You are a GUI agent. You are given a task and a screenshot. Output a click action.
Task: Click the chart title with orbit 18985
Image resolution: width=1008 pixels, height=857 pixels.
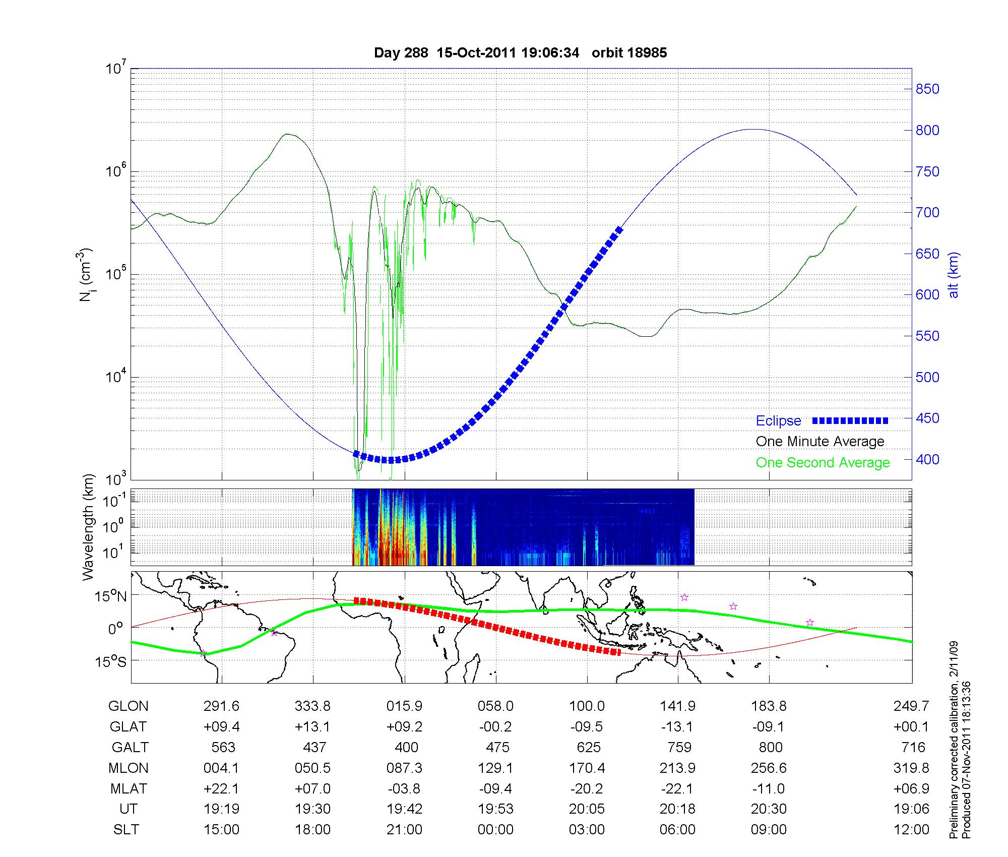coord(520,53)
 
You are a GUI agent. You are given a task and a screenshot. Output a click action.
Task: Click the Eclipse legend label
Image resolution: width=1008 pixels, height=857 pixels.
coord(778,421)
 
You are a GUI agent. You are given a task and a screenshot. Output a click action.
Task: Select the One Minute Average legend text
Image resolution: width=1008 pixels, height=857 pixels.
coord(820,442)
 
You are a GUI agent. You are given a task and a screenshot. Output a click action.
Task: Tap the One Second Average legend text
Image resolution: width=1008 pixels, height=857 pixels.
coord(823,463)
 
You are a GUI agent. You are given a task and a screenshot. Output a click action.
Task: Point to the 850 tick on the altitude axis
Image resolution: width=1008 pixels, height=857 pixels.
coord(927,89)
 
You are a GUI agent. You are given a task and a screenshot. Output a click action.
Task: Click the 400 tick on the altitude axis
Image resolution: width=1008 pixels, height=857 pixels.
coord(927,460)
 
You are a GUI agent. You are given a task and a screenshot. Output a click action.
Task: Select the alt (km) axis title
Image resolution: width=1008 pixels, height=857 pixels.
coord(954,275)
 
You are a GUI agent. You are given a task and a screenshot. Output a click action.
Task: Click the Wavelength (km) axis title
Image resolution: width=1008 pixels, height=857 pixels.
coord(89,527)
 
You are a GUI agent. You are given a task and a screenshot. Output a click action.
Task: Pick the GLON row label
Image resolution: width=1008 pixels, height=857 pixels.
coord(128,706)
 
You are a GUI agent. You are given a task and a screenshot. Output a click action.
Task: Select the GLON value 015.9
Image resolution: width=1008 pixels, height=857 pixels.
coord(404,706)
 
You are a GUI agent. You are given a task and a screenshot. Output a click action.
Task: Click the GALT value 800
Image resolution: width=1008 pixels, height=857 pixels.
coord(770,747)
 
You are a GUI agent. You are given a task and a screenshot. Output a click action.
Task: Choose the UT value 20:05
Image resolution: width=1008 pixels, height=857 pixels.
coord(587,809)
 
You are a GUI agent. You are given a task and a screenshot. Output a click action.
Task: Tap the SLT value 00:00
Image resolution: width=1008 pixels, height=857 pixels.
coord(495,830)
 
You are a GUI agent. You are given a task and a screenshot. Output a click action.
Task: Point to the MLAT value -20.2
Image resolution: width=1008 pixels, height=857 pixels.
coord(587,788)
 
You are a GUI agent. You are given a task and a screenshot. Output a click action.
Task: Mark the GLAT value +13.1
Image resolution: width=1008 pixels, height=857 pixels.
coord(312,727)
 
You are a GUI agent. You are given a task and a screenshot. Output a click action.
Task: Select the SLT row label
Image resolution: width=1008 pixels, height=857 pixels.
coord(126,830)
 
